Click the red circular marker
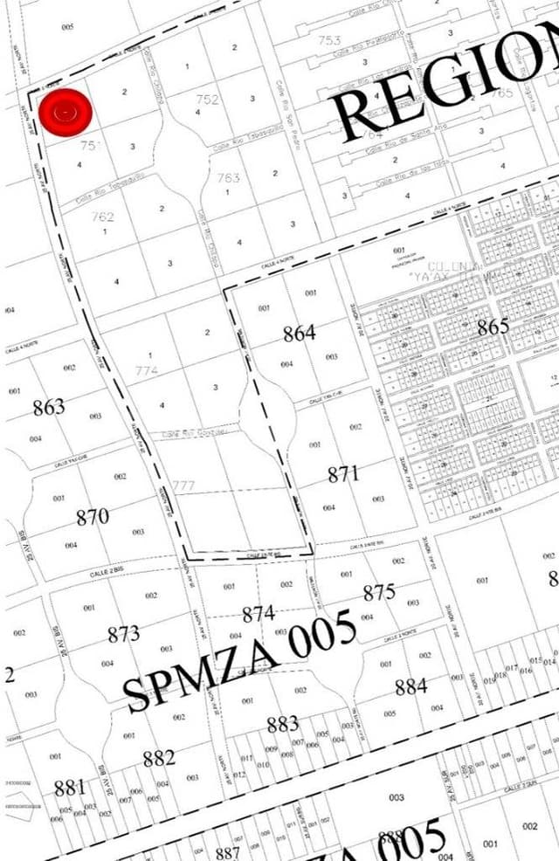tap(66, 113)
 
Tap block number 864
tap(299, 333)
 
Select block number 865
tap(493, 327)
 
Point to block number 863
tap(49, 407)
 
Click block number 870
tap(93, 516)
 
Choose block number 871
tap(344, 474)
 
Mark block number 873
tap(124, 634)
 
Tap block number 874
tap(259, 614)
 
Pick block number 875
tap(379, 593)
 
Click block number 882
tap(159, 758)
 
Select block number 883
tap(283, 724)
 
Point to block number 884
tap(411, 686)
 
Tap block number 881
tap(70, 788)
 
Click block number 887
tap(227, 853)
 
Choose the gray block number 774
tap(147, 370)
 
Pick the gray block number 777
tap(183, 486)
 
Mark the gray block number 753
tap(329, 40)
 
